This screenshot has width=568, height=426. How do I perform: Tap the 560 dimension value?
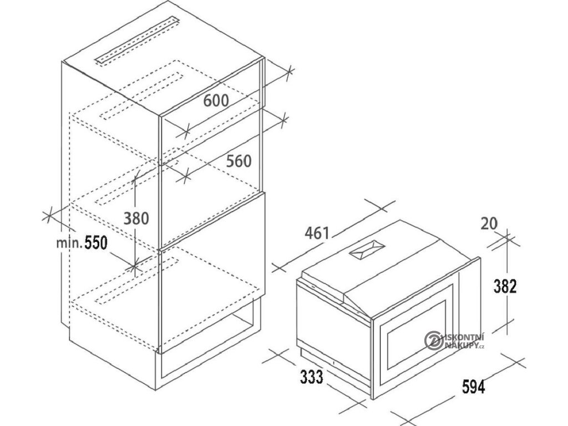238,161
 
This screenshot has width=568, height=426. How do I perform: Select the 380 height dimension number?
136,219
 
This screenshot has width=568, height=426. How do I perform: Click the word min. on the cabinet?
69,242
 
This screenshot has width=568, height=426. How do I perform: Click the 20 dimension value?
489,224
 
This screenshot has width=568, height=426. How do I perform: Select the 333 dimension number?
312,377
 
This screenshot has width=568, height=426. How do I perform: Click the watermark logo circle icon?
432,339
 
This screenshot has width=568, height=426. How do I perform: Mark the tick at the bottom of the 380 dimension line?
133,267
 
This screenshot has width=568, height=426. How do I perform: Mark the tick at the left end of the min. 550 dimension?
49,214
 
